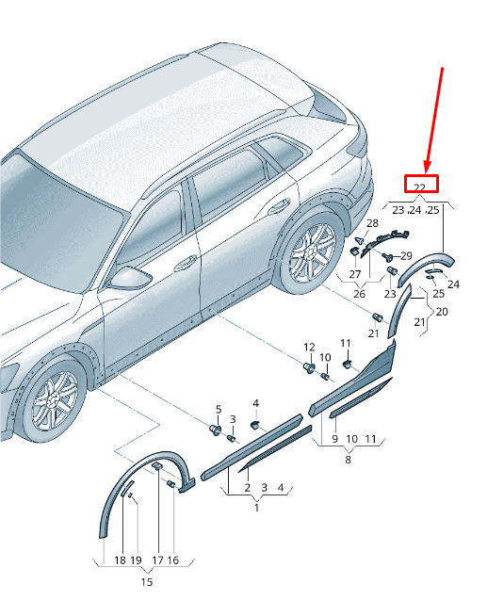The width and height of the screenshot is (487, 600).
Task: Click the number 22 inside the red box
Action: click(420, 187)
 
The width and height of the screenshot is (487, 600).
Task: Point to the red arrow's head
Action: click(428, 166)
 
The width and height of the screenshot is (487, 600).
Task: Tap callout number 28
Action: click(372, 223)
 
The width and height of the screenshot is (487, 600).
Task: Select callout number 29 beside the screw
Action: click(406, 255)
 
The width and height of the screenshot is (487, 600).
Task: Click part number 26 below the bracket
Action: click(359, 294)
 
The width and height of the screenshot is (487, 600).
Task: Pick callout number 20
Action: click(442, 312)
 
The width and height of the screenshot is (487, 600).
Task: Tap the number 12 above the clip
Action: click(309, 347)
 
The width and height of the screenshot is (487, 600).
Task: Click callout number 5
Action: click(219, 409)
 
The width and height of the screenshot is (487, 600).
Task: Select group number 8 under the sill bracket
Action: click(348, 460)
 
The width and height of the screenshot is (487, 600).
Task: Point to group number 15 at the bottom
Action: click(147, 582)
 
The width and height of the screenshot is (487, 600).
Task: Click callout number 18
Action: click(121, 560)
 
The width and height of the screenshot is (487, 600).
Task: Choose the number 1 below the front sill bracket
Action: click(256, 508)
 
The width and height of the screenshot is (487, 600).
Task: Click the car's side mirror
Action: click(129, 278)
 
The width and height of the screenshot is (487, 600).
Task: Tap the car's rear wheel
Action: click(311, 253)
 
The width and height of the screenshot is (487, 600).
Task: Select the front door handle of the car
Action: click(186, 264)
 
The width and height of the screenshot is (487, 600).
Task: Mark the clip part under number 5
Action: click(216, 430)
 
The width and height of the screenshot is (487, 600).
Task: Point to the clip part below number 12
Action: click(309, 368)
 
